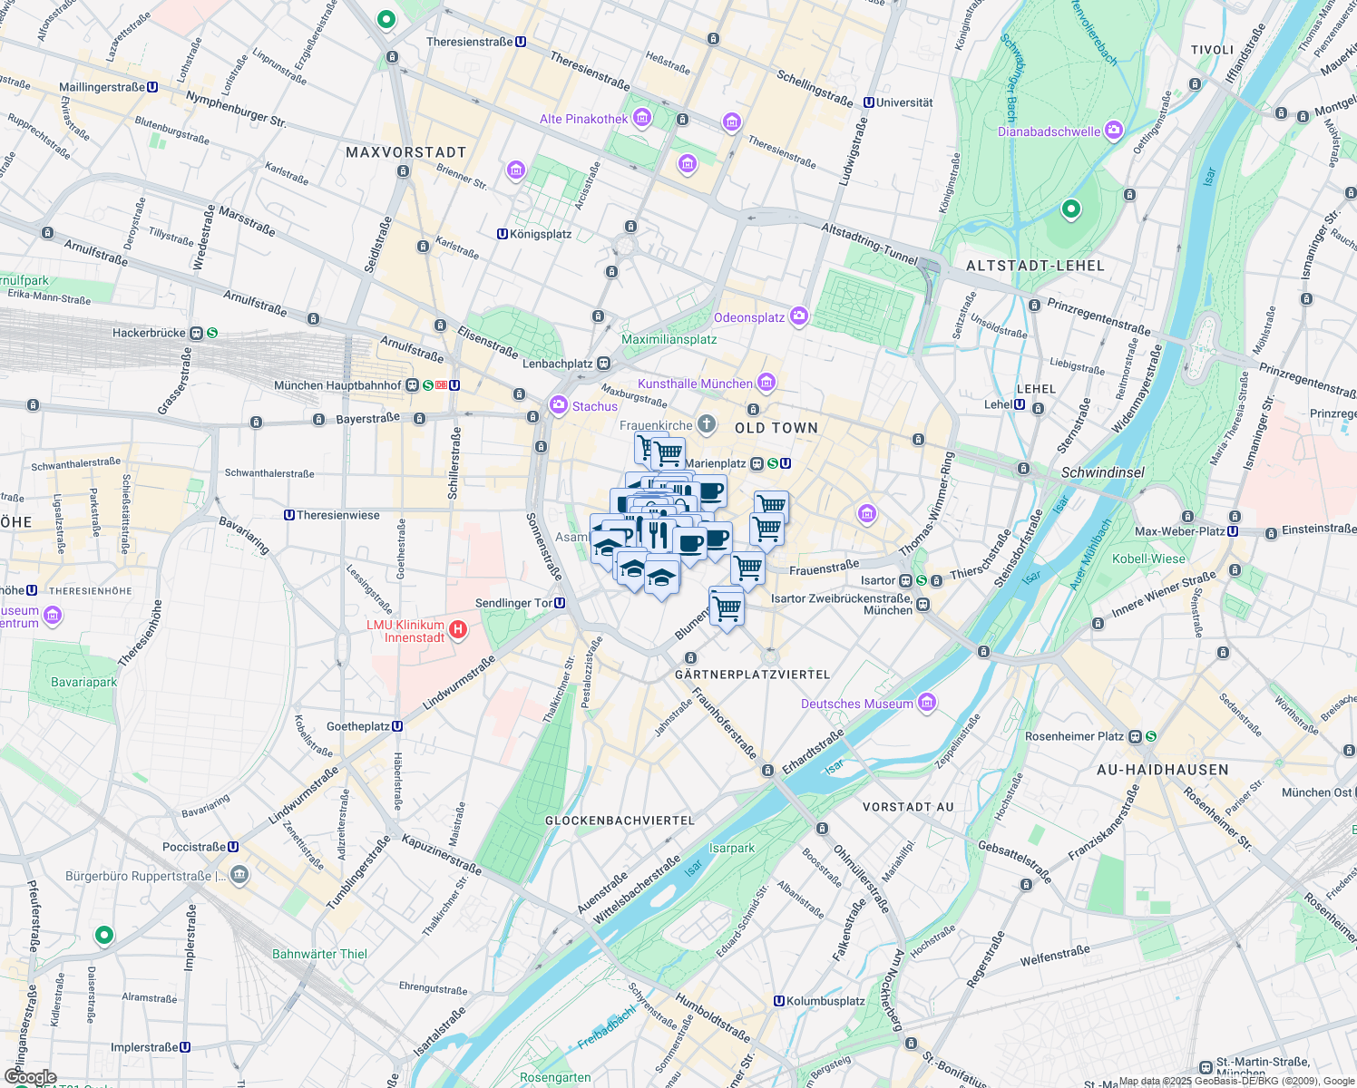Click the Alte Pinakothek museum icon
coord(642,118)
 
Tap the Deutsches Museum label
coord(857,704)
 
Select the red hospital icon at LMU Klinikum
coord(458,629)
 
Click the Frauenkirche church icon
coord(706,424)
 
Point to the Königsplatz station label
coord(541,234)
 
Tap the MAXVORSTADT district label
coord(405,152)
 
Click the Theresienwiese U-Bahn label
coord(338,515)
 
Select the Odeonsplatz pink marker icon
coord(799,316)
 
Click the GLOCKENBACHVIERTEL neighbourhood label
coord(620,821)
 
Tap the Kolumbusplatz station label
coord(825,1001)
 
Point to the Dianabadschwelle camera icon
coord(1114,131)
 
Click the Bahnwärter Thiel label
coord(319,954)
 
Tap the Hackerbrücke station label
coord(149,333)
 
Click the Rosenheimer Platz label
coord(1074,736)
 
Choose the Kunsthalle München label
coord(695,384)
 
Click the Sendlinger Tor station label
coord(513,603)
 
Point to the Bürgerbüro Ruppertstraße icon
coord(239,875)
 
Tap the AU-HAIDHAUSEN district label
coord(1162,770)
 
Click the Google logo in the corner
coord(30,1077)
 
